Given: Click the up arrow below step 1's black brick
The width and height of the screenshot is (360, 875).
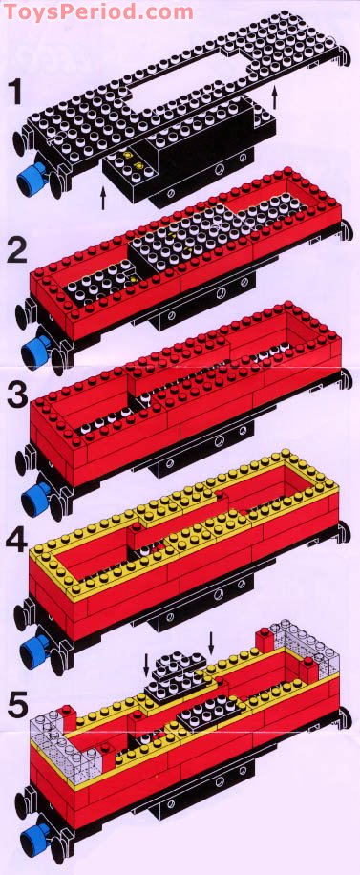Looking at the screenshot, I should coord(103,199).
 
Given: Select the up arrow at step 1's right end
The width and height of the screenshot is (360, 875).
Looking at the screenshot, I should coord(275,96).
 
